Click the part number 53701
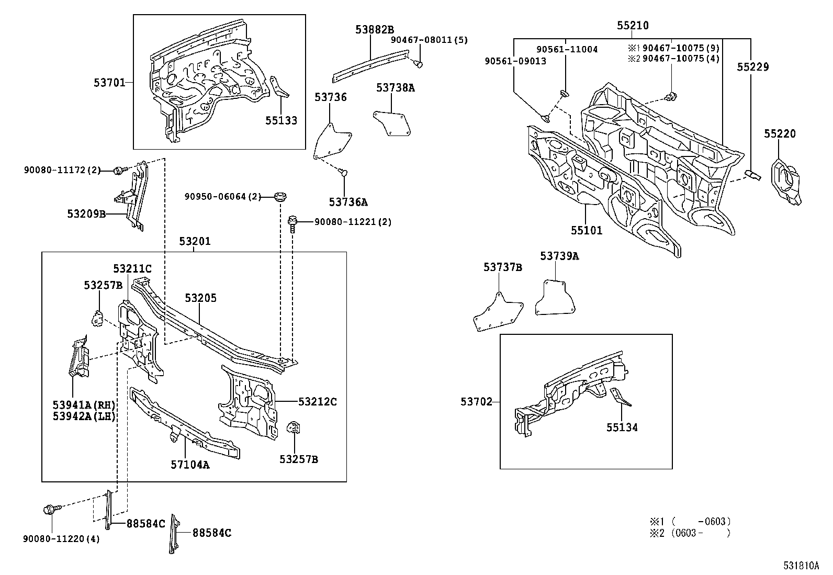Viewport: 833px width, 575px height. [x=109, y=82]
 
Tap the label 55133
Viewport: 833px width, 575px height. [x=280, y=121]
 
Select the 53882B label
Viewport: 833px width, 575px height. [x=375, y=30]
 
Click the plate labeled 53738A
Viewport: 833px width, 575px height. [x=392, y=121]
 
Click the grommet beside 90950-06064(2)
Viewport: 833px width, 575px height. [x=281, y=197]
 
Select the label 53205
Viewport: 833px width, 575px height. [x=200, y=298]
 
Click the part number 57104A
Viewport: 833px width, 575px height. [x=190, y=464]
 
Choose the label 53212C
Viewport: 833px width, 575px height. [x=318, y=402]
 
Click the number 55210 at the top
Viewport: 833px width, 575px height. [x=632, y=26]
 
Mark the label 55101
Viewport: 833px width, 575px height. [x=586, y=230]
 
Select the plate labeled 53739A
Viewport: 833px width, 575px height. [x=556, y=298]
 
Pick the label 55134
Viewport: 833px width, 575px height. [x=622, y=427]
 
